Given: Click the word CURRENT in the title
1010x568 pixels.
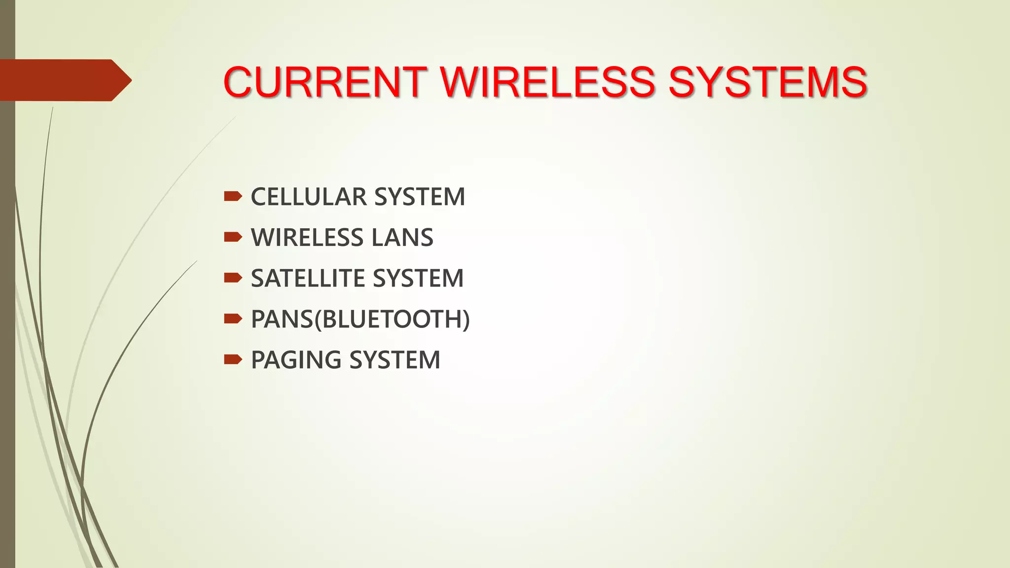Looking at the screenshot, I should coord(325,82).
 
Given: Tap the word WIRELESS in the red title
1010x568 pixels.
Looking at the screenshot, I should coord(548,82).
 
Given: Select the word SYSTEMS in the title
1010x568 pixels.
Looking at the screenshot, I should coord(767,82).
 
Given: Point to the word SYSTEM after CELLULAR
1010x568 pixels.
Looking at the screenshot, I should coord(420,197).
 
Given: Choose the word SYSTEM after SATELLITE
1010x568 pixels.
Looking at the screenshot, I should coord(419,279).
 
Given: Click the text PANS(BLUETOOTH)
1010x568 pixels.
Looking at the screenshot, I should coord(360,319).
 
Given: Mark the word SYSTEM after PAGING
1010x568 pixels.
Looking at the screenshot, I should coord(395,360).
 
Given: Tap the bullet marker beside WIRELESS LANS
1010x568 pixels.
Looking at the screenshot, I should coord(232,238).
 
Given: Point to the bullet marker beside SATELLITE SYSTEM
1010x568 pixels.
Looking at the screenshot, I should coord(232,279).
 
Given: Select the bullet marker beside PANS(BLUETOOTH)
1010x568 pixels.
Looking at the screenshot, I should coord(232,319).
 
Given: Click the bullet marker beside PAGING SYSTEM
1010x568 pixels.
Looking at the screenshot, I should coord(232,359).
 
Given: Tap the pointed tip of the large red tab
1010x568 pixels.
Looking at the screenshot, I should coord(128,80).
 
